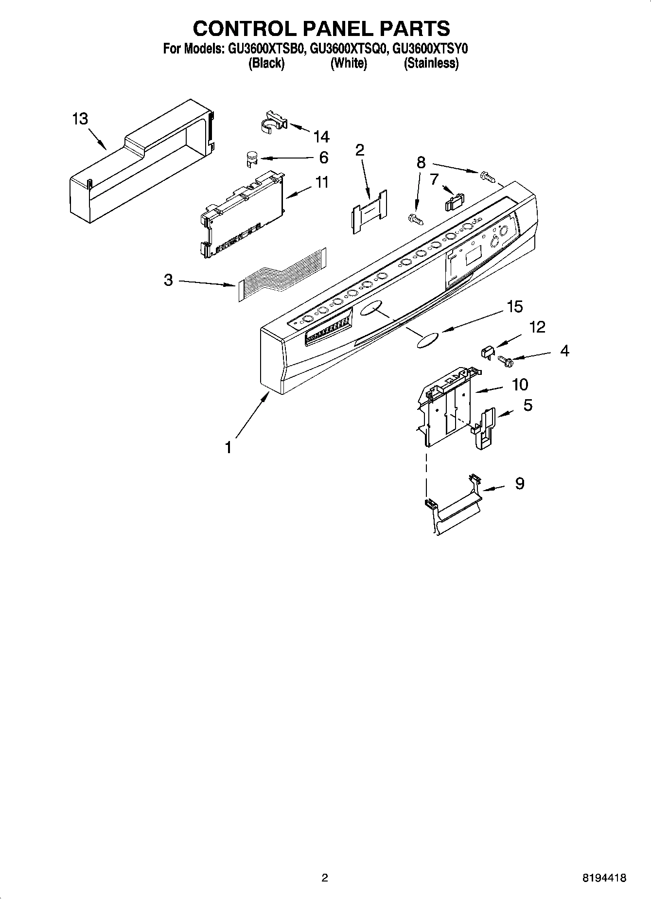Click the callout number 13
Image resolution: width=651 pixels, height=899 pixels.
click(80, 119)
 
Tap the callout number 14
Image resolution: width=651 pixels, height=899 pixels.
click(321, 137)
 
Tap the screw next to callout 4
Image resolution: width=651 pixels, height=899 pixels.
click(506, 361)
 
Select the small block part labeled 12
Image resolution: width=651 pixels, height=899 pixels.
click(488, 351)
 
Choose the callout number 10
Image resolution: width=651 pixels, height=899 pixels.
click(520, 385)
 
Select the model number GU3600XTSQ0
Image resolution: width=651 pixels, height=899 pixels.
click(348, 49)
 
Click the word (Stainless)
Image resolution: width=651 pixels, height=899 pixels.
click(431, 63)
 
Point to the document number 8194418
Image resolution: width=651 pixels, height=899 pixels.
click(604, 878)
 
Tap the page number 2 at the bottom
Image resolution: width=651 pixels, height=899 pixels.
click(325, 878)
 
